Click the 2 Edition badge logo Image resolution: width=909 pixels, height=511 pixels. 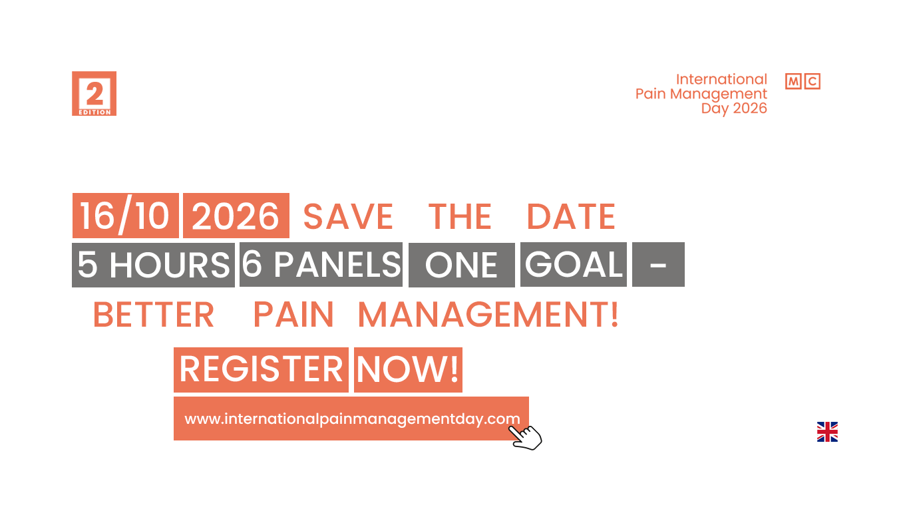(x=94, y=94)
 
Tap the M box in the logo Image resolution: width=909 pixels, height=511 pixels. (x=793, y=81)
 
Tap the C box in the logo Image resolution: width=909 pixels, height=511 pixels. (x=813, y=81)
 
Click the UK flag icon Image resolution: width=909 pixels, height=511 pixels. (x=827, y=432)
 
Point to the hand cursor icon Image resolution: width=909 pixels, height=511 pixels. (x=526, y=438)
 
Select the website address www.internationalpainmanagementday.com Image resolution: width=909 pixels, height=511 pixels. (x=352, y=419)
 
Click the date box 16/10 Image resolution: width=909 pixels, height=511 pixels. (x=126, y=216)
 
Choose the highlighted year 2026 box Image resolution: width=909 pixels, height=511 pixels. (x=236, y=216)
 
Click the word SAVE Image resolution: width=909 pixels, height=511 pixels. (x=348, y=216)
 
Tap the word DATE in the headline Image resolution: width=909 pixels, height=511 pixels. (x=571, y=216)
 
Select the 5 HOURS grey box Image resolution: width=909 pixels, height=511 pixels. (x=154, y=265)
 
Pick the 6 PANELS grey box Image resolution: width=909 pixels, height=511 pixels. (x=321, y=265)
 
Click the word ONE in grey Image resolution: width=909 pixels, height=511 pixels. (x=461, y=265)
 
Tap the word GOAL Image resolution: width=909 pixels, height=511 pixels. (x=574, y=265)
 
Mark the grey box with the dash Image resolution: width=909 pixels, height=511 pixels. (x=658, y=265)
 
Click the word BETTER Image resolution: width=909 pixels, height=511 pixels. (x=154, y=315)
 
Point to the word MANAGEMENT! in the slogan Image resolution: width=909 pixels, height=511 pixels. (x=488, y=315)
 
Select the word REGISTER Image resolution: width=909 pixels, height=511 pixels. (x=262, y=369)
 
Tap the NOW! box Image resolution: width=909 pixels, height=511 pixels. (x=408, y=370)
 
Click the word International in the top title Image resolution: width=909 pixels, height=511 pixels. (x=721, y=79)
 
